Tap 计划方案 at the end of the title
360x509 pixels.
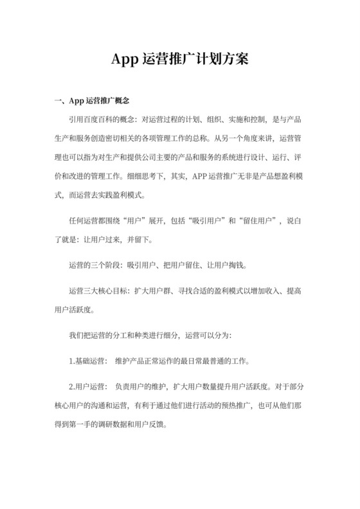pos(222,60)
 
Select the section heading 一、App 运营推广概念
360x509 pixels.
pos(93,102)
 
